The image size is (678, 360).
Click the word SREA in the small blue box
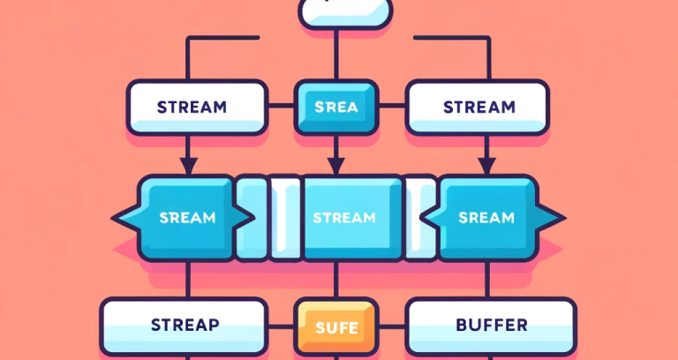tap(335, 108)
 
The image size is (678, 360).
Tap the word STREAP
tap(184, 326)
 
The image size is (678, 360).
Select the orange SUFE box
tap(336, 327)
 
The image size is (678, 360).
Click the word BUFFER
tap(491, 326)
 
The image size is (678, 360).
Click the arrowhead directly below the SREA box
tap(335, 165)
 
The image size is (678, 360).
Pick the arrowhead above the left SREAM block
tap(188, 165)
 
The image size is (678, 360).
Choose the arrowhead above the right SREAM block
tap(484, 165)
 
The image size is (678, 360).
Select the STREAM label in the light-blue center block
tap(343, 217)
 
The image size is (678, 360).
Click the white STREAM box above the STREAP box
tap(196, 108)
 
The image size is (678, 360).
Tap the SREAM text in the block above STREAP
tap(188, 217)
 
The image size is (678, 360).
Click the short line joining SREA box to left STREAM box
tap(281, 108)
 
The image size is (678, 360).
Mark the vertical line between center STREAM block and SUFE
tap(335, 281)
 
